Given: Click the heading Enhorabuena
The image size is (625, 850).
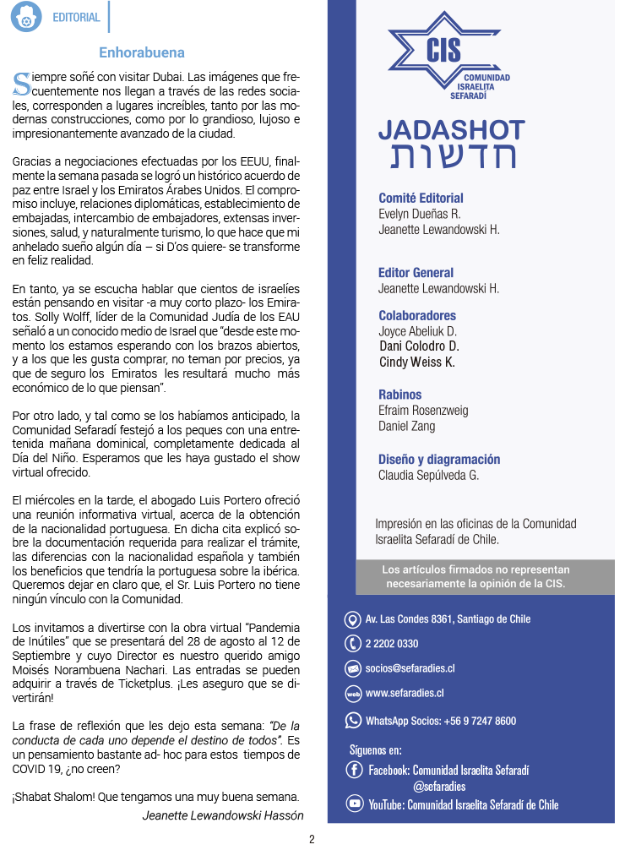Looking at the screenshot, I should (x=142, y=52).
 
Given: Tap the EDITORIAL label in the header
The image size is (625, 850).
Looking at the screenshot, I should (x=76, y=17).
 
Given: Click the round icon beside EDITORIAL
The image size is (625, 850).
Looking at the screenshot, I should (x=26, y=17).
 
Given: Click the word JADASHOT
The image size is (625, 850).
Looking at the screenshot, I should (x=451, y=130).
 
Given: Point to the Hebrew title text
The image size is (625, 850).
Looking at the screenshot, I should (x=452, y=156).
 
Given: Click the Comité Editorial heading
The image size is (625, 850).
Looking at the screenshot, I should (x=421, y=199).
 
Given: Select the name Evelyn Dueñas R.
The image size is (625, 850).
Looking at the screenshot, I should (x=419, y=214).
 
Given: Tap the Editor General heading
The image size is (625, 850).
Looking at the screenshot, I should (x=416, y=273).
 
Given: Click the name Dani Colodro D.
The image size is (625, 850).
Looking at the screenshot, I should (x=418, y=346).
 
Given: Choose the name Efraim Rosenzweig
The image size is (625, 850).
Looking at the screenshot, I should (x=423, y=411).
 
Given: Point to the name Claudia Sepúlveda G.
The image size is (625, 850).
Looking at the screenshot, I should (x=428, y=475).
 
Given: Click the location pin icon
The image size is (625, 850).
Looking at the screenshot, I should (x=353, y=619).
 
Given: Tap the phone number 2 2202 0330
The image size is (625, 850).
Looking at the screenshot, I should (x=392, y=644).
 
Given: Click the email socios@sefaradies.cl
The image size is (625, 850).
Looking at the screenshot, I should (x=410, y=668).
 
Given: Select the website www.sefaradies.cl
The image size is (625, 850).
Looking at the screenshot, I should (x=405, y=694).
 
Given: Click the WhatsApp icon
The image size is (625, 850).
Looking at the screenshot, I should (x=353, y=721).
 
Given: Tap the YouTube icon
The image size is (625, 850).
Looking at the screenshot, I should (x=355, y=804).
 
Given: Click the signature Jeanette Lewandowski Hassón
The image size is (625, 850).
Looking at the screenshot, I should (x=223, y=815).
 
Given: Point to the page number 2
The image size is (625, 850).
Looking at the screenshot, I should (x=312, y=839).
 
